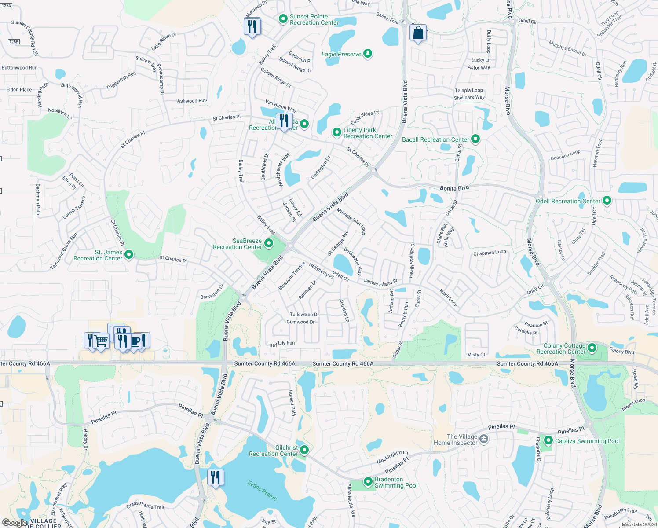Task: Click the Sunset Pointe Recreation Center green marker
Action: [283, 19]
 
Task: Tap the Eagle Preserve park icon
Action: [368, 54]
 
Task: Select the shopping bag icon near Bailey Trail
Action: [418, 33]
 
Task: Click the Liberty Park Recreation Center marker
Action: [336, 132]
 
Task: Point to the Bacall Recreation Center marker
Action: [475, 139]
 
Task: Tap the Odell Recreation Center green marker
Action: [607, 201]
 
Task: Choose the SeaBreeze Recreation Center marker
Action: [268, 243]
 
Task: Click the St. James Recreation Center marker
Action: [129, 254]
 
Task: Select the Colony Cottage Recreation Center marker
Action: [592, 348]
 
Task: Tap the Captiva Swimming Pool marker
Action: [548, 440]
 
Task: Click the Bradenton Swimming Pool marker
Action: [368, 482]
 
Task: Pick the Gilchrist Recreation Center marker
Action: [304, 450]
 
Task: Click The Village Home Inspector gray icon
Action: [484, 439]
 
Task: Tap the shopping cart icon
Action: [102, 341]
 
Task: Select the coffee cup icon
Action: [137, 341]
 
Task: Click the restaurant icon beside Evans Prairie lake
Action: [216, 477]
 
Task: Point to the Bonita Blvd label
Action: [454, 188]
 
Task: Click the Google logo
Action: [15, 522]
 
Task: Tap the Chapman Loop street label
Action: [490, 253]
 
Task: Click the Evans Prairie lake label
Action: [262, 491]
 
